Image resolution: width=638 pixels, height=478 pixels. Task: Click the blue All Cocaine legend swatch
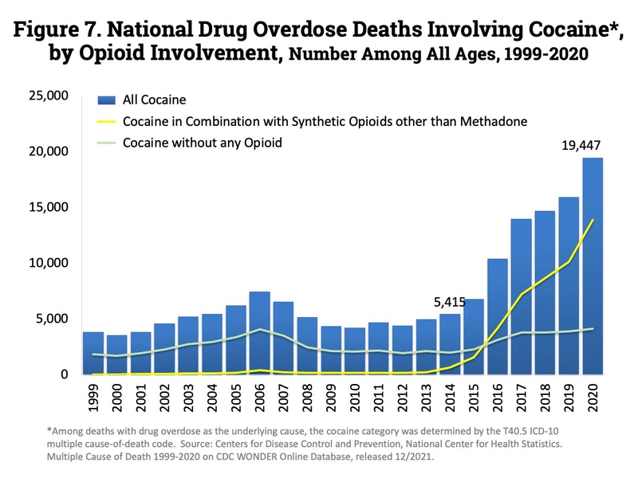[x=106, y=100]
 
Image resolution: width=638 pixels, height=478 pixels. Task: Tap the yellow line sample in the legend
[x=106, y=121]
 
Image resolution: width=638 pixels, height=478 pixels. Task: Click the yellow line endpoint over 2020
[x=592, y=220]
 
